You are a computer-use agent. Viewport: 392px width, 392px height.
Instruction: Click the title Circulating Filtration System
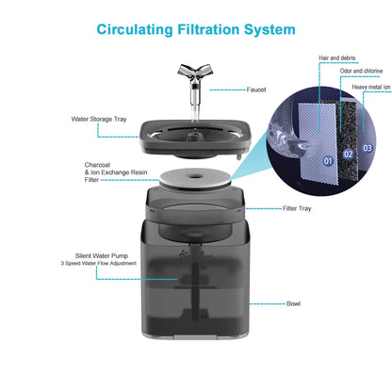coord(195,29)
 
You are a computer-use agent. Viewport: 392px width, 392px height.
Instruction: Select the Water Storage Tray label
coord(99,120)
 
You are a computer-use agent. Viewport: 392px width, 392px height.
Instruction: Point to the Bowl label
coord(294,304)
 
